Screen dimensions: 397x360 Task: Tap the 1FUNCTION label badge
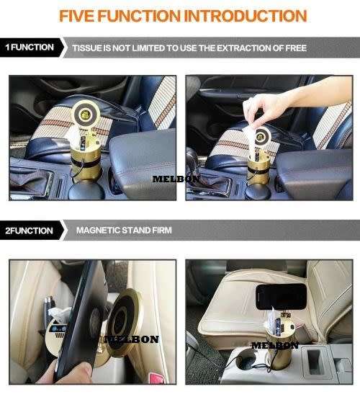click(30, 48)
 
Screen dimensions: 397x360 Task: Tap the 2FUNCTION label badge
click(30, 231)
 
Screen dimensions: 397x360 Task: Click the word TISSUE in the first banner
click(89, 48)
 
